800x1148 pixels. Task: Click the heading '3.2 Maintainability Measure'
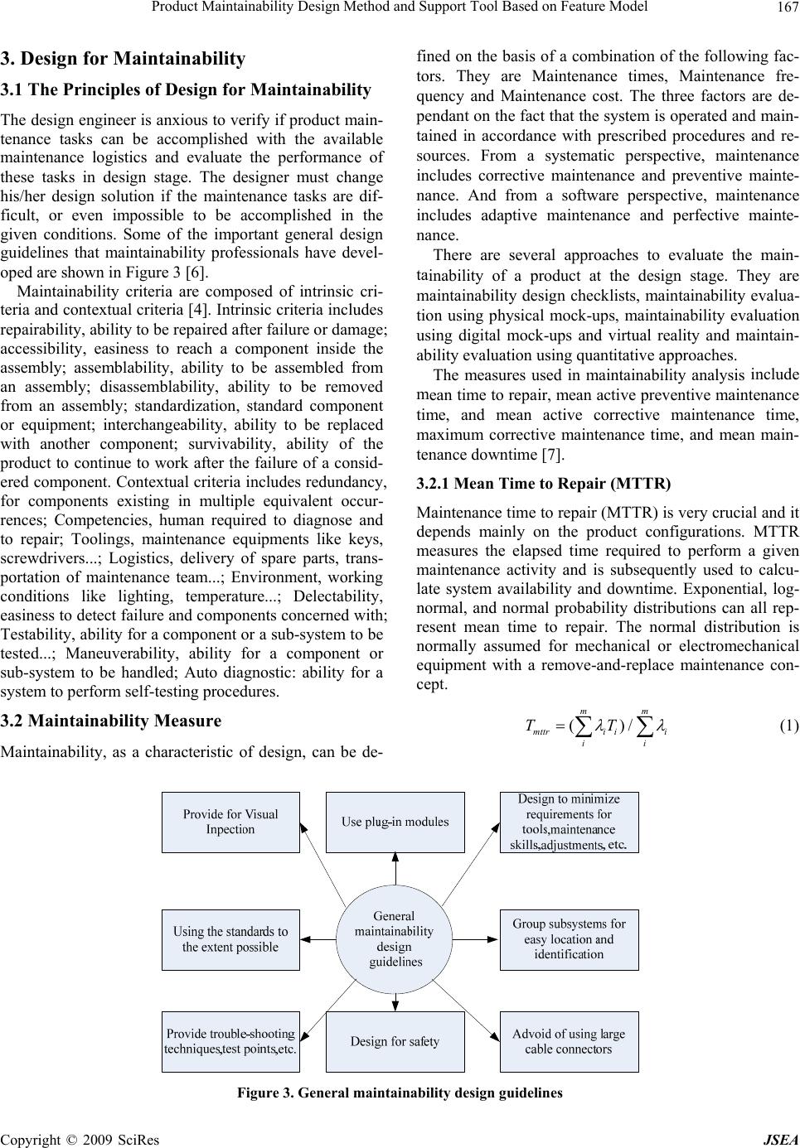click(111, 720)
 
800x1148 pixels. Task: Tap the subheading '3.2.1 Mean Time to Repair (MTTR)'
click(544, 484)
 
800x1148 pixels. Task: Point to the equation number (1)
click(788, 726)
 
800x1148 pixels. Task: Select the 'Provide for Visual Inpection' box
click(230, 822)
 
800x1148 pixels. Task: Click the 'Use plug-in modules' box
click(395, 822)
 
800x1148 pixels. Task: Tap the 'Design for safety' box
click(395, 1041)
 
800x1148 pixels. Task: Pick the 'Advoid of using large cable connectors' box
click(569, 1041)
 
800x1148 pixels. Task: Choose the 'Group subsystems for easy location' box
click(569, 939)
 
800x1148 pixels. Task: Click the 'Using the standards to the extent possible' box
click(230, 939)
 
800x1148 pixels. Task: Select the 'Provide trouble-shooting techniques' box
click(230, 1041)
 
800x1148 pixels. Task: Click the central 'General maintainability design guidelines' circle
click(395, 939)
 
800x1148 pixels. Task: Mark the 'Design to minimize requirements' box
click(569, 822)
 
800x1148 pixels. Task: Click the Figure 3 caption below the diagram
click(400, 1093)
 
